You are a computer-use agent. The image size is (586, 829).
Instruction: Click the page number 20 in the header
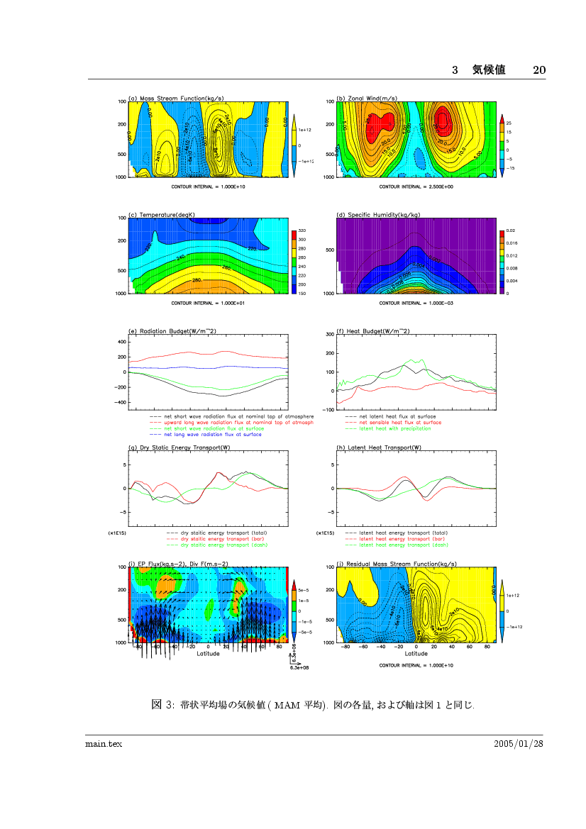tap(538, 69)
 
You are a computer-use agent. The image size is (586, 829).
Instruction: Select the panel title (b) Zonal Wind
tap(367, 98)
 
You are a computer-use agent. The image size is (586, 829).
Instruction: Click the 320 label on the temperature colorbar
tap(302, 231)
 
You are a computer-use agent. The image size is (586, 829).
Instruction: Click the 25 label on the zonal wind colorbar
tap(509, 123)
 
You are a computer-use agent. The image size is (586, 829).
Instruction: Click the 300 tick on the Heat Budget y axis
tap(329, 334)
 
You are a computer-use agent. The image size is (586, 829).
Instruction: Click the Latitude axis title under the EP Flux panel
tap(208, 654)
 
